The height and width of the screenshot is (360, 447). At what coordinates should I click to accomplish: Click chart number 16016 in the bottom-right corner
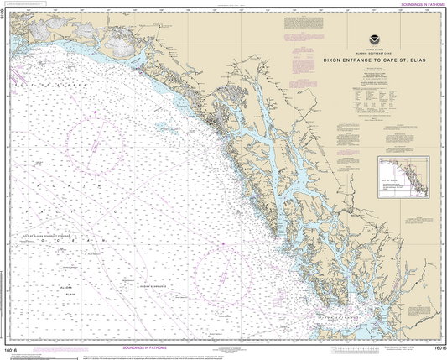click(434, 346)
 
